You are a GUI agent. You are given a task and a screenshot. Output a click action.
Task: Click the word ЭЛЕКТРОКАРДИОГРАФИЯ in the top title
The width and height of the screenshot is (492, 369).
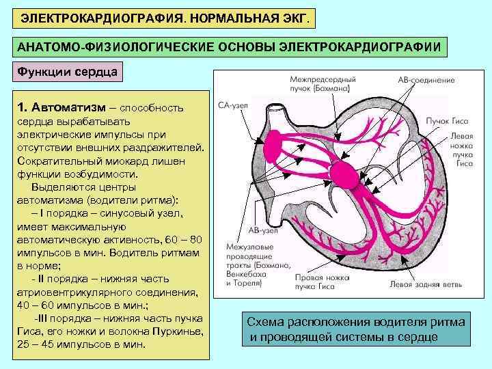point(89,15)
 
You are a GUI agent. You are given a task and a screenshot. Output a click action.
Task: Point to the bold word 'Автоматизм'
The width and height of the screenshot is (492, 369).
point(72,107)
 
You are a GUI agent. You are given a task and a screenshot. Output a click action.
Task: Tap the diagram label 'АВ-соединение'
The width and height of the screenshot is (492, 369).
point(426,80)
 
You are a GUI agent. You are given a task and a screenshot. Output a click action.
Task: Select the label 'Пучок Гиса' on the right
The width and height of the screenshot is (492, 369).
point(447,120)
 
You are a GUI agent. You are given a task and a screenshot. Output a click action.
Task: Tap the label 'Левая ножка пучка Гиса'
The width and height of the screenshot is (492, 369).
point(462,150)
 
